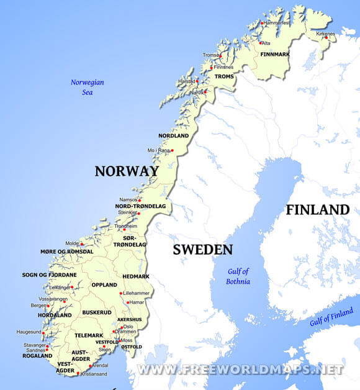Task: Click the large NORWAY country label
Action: tap(127, 171)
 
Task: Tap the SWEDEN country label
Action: tap(202, 250)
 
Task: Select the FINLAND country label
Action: tap(317, 210)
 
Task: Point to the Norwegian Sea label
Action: tap(87, 87)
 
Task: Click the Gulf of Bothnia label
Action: tap(238, 276)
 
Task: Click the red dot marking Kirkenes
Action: tap(326, 37)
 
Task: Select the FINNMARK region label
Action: tap(275, 55)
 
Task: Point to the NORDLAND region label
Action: tap(173, 135)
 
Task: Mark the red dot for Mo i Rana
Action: tap(172, 150)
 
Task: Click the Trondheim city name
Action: tap(125, 227)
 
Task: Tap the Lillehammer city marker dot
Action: tap(122, 292)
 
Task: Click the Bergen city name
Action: tap(38, 306)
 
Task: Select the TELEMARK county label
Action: tap(88, 335)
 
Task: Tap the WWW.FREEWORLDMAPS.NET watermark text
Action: tap(240, 370)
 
